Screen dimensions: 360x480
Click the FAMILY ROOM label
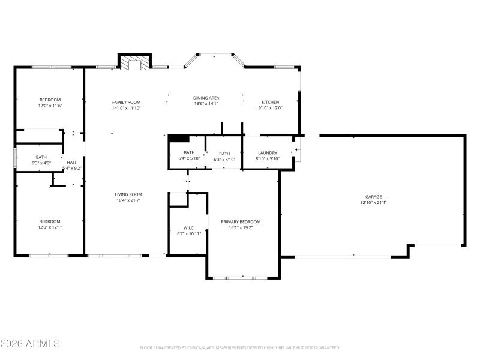pos(126,103)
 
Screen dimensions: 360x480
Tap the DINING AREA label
pos(206,98)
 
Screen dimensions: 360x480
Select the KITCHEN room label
pos(270,102)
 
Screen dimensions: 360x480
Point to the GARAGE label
pos(373,197)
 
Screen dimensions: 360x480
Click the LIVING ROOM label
pos(128,194)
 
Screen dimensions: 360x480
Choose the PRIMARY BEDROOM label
pos(241,221)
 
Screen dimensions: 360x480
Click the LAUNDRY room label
pos(267,153)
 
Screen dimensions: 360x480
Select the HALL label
pos(72,163)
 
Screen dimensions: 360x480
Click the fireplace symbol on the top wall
pos(134,63)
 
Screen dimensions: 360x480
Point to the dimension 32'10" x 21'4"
pos(373,203)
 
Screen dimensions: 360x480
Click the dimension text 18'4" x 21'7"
pos(128,200)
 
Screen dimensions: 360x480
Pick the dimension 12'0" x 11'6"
pos(50,106)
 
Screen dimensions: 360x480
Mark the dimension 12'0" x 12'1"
pos(50,227)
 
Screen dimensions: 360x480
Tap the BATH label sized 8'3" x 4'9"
pos(41,157)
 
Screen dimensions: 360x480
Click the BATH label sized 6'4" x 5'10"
pos(190,153)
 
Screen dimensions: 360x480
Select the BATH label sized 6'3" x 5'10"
pos(224,154)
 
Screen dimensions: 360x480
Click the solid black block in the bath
pos(179,138)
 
